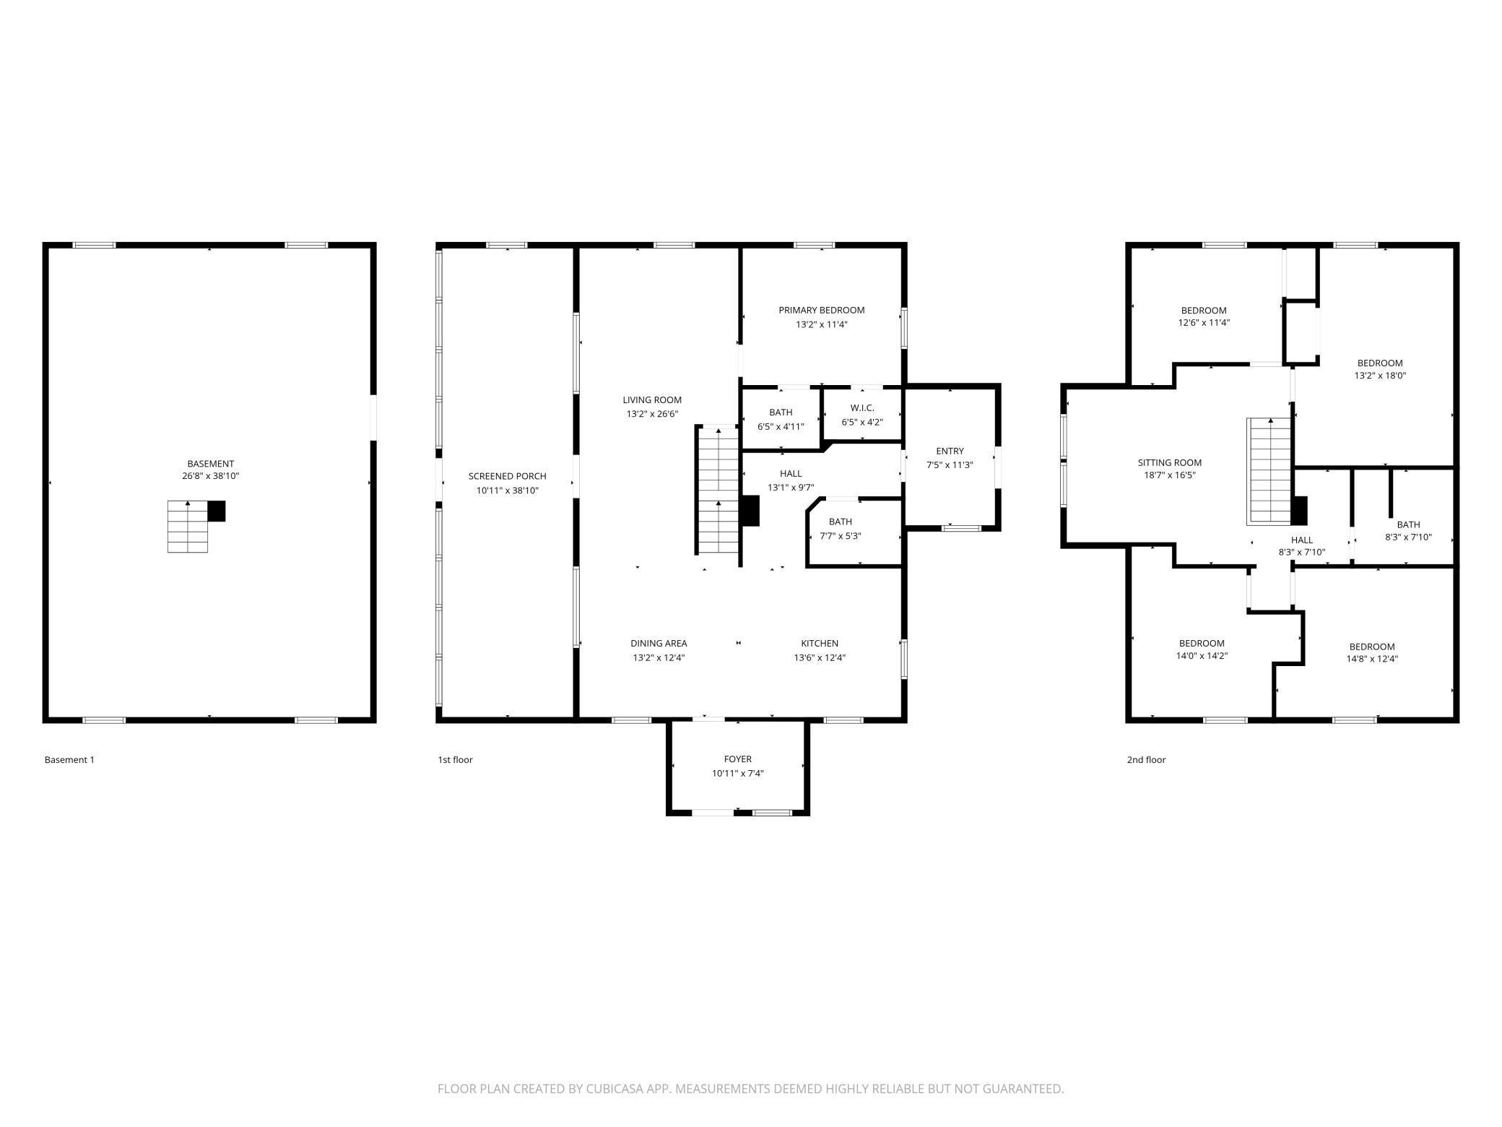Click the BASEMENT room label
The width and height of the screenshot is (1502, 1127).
click(210, 464)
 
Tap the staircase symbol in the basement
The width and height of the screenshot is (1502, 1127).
click(188, 527)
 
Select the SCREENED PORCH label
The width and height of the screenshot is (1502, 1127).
click(507, 476)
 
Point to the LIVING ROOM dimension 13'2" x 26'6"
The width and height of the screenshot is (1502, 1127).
click(652, 414)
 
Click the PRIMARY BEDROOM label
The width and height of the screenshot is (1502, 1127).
click(821, 310)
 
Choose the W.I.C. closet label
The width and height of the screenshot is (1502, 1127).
click(862, 408)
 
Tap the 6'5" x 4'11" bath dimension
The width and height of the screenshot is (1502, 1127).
click(781, 426)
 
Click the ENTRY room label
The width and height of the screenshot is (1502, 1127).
click(950, 451)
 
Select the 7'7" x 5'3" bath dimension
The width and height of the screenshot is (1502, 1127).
click(841, 536)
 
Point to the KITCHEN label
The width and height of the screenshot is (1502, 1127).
click(820, 643)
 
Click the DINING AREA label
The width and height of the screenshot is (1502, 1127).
click(659, 643)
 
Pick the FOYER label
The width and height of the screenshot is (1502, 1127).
click(738, 759)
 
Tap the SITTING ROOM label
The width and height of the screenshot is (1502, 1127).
click(1170, 462)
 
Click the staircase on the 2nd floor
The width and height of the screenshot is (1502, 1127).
click(1270, 471)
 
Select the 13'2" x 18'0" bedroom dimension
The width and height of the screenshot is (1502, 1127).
click(1380, 376)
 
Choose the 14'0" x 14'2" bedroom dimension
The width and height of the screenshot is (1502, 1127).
click(1202, 656)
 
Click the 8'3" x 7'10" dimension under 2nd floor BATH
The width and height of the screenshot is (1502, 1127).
click(1408, 537)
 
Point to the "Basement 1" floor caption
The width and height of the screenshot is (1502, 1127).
click(69, 759)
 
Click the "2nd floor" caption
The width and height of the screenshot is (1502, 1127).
click(1146, 759)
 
